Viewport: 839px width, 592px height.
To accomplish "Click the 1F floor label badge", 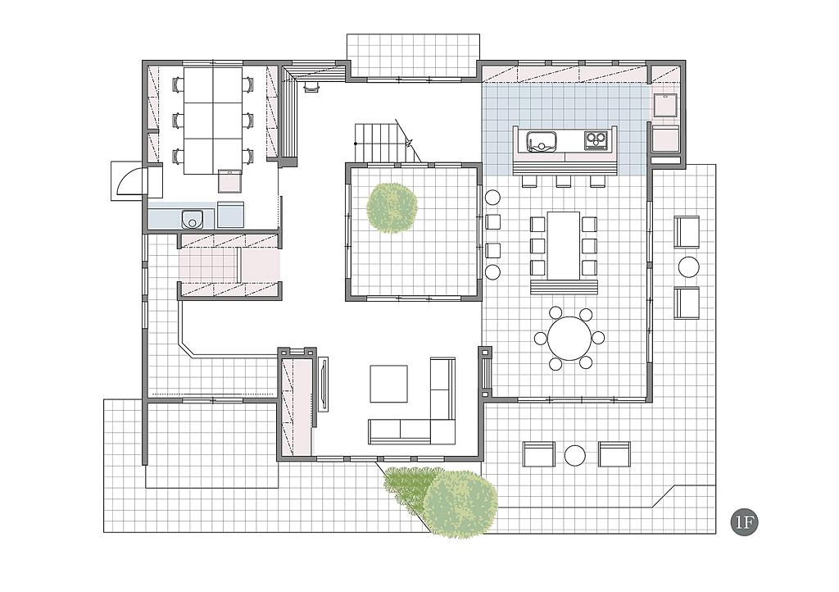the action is (x=744, y=523).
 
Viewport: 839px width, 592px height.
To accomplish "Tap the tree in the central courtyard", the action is (x=392, y=208).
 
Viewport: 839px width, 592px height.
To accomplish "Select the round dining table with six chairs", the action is (x=569, y=339).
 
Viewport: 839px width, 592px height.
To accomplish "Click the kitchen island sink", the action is (x=542, y=141).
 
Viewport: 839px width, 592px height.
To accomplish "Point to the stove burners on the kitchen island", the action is (x=596, y=140).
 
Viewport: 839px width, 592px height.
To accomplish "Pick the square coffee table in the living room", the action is (x=388, y=384).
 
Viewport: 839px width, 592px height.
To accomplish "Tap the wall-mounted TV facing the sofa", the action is (x=324, y=383).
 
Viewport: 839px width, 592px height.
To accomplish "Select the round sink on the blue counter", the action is (x=191, y=220).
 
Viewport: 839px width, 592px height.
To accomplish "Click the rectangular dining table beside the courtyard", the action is (x=564, y=245).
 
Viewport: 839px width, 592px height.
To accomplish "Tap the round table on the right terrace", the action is (x=688, y=267).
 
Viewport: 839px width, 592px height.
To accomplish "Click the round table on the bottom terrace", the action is (x=575, y=455).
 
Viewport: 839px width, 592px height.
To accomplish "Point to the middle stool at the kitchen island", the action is (x=564, y=181).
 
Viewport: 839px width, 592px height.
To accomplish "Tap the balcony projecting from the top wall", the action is (x=413, y=57).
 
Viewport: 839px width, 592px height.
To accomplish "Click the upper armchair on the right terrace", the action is (x=687, y=232).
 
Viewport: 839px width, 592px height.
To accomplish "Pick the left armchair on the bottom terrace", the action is (x=539, y=454).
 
